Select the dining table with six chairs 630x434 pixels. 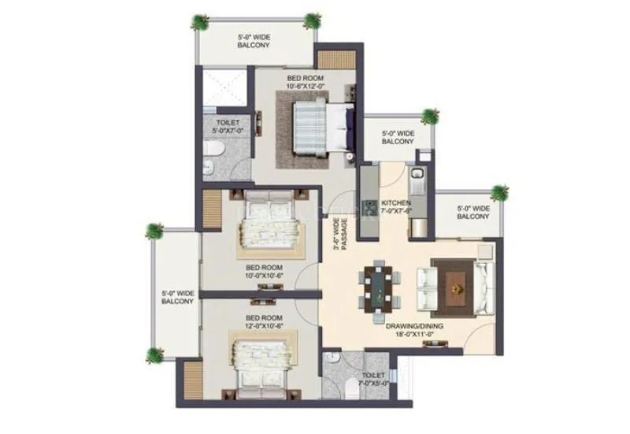pos(380,288)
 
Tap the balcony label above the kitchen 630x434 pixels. pos(398,138)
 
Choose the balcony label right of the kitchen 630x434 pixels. pos(474,213)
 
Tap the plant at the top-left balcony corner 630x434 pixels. pos(202,21)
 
